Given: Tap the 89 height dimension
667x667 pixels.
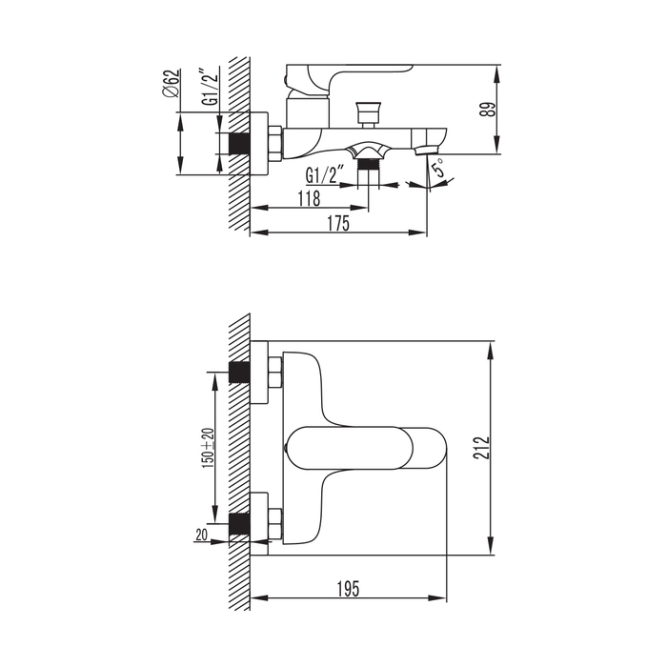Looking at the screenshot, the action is click(490, 110).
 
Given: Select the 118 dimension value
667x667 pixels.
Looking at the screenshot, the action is click(310, 198).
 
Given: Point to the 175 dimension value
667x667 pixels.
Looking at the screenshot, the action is click(338, 223).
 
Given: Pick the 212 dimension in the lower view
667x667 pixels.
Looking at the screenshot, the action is click(482, 448).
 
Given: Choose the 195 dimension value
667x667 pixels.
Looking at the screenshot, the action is click(349, 589).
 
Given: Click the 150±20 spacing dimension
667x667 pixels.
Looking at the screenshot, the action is click(208, 448).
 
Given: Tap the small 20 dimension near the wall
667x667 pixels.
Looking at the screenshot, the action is click(202, 535).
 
